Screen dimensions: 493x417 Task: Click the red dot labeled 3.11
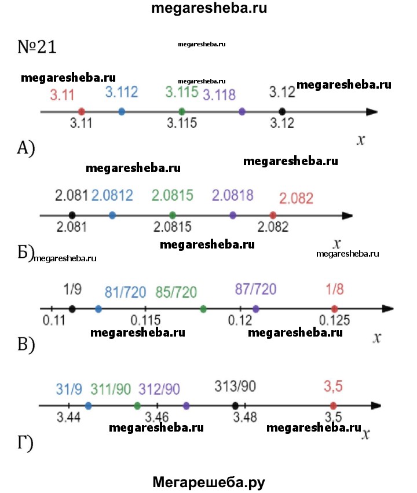click(x=82, y=111)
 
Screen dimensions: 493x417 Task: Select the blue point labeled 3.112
click(x=121, y=111)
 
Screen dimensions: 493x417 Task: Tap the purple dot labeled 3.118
click(x=242, y=111)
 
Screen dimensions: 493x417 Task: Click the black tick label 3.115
click(x=182, y=123)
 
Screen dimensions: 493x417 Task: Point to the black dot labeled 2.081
click(x=71, y=215)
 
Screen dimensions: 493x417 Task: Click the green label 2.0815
click(x=173, y=196)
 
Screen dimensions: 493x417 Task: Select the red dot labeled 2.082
click(x=273, y=215)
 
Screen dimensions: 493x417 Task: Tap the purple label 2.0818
click(x=233, y=195)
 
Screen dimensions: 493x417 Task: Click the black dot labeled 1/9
click(x=72, y=309)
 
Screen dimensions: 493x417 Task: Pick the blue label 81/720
click(x=125, y=291)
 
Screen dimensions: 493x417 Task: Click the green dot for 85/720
click(x=203, y=309)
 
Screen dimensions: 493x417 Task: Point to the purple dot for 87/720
click(x=256, y=309)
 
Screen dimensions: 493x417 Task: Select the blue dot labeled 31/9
click(x=88, y=406)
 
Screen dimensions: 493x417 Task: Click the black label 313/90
click(x=236, y=386)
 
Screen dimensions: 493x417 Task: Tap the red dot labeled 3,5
click(x=333, y=406)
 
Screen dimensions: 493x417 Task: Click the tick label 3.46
click(x=157, y=417)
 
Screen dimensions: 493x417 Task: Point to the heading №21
click(x=37, y=47)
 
